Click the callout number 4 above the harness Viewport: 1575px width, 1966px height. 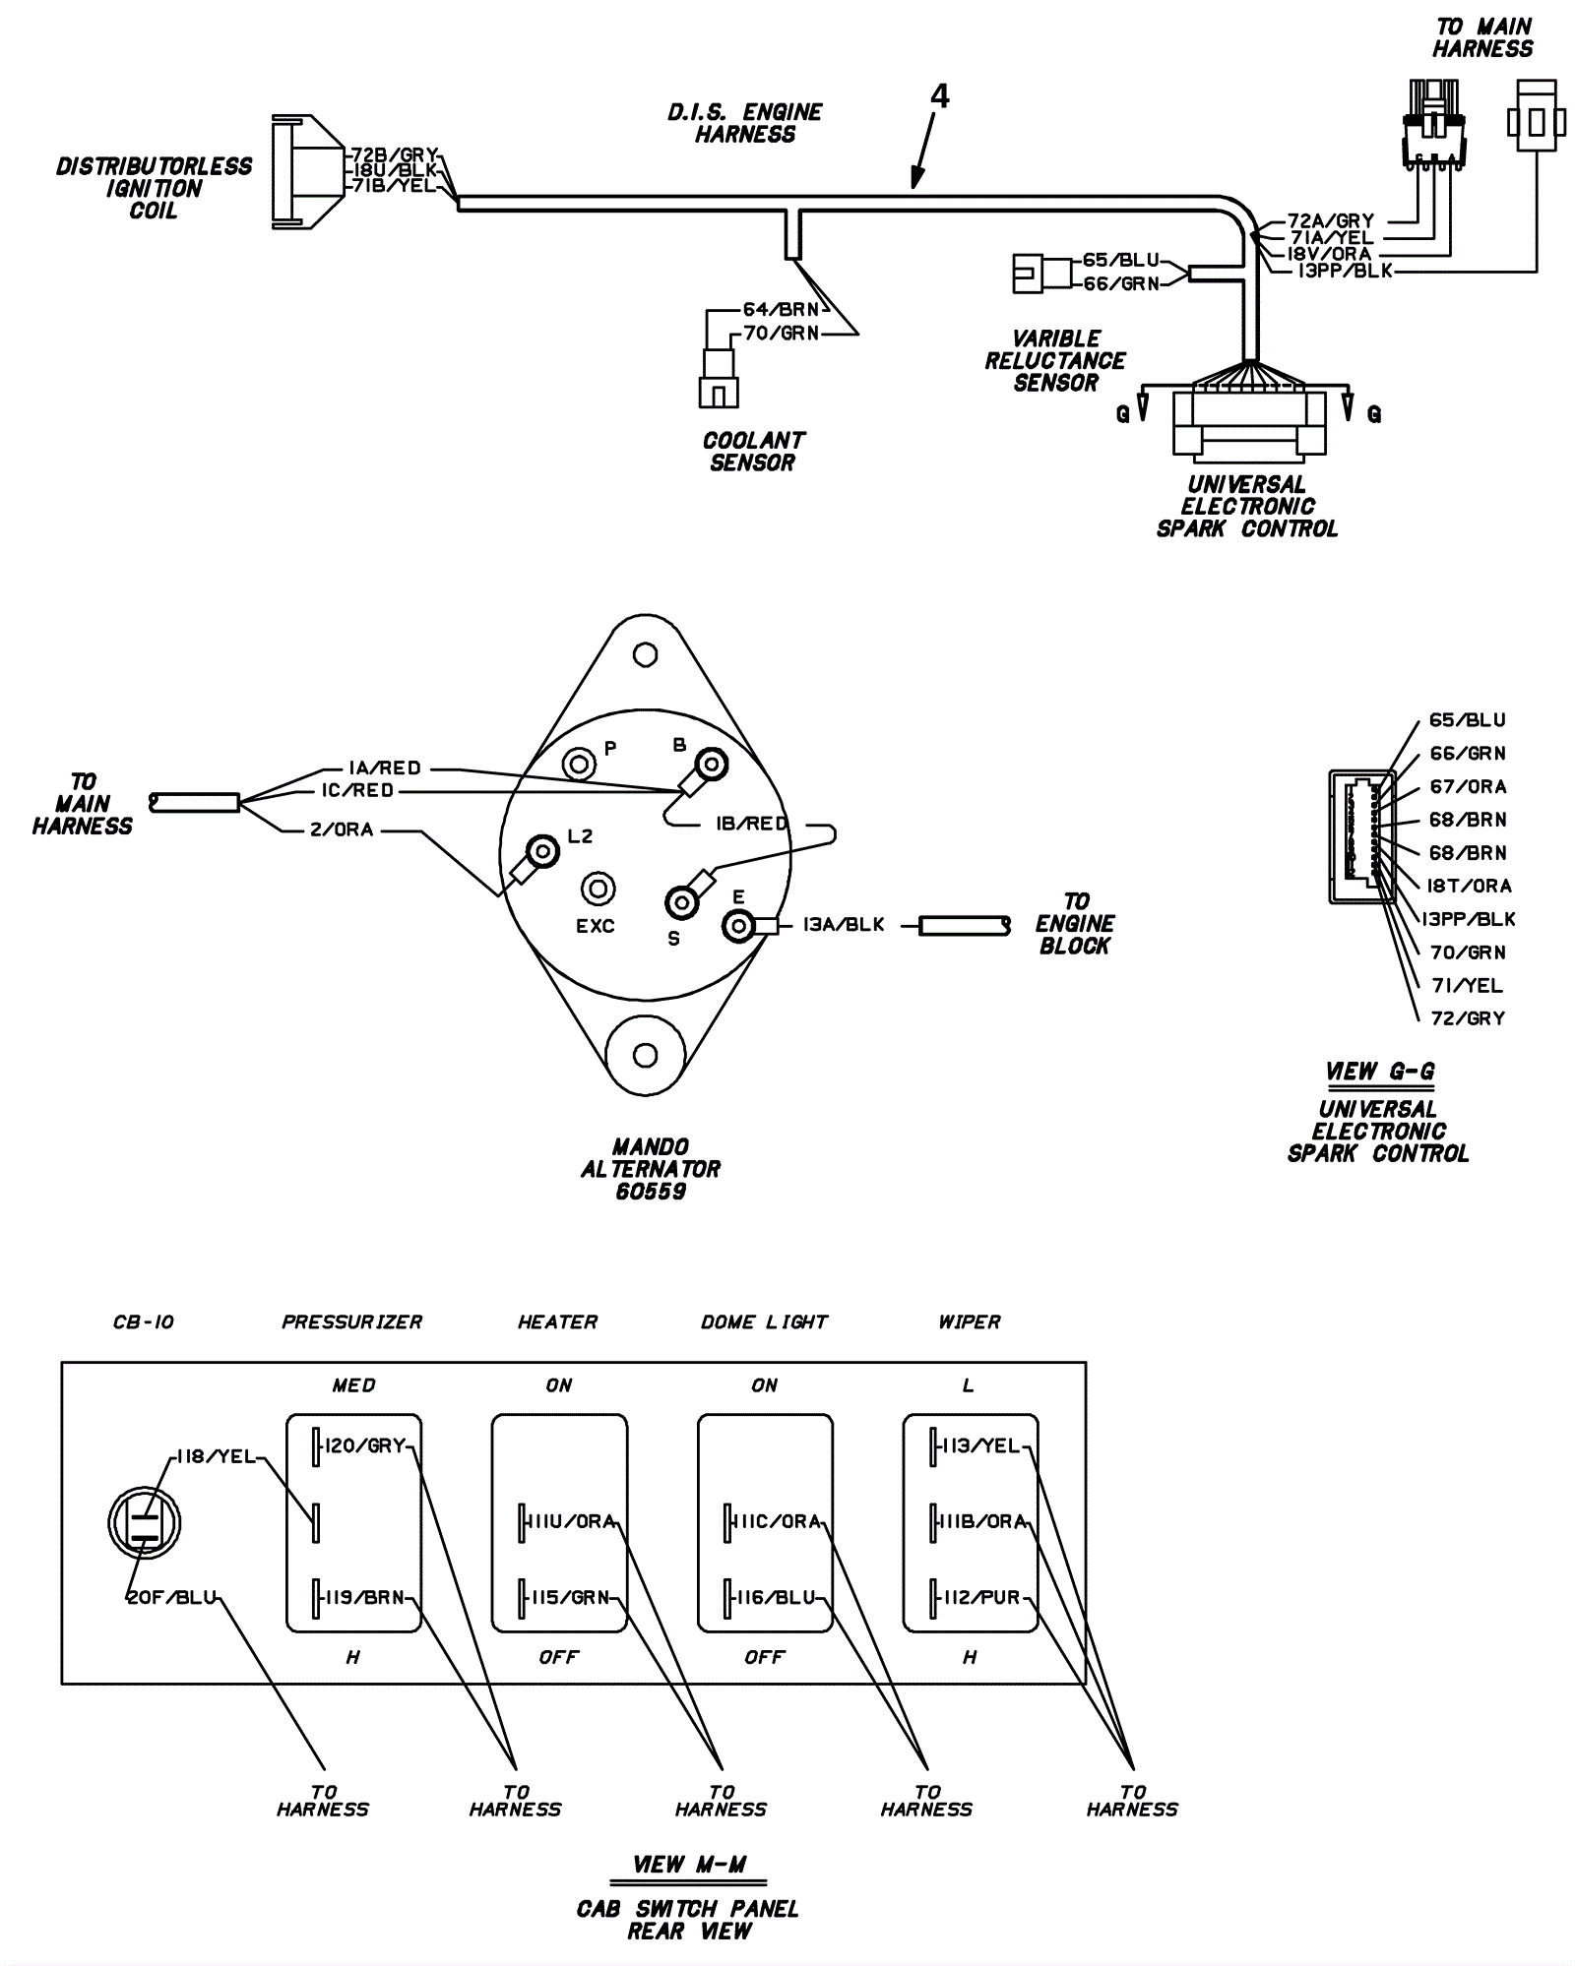click(940, 96)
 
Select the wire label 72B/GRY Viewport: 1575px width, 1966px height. click(395, 155)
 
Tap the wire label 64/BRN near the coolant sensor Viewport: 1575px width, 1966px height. click(781, 310)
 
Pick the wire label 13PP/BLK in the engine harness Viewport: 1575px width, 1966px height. click(1345, 271)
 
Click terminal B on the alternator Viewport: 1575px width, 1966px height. click(711, 765)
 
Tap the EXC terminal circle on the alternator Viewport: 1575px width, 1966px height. click(597, 889)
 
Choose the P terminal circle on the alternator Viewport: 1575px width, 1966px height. click(579, 763)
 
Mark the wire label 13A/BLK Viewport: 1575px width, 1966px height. click(844, 925)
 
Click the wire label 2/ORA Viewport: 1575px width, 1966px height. click(342, 830)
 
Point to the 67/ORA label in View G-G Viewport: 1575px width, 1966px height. click(1467, 787)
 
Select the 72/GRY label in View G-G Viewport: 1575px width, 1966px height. click(1468, 1018)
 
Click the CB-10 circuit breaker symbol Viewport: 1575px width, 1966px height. click(145, 1522)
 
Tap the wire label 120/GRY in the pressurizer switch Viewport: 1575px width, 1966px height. click(365, 1445)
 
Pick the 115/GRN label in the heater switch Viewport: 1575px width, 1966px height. click(571, 1597)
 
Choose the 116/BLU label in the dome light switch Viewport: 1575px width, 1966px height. click(777, 1597)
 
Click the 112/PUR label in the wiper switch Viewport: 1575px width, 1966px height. click(982, 1597)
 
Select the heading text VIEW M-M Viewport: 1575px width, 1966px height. click(689, 1865)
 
